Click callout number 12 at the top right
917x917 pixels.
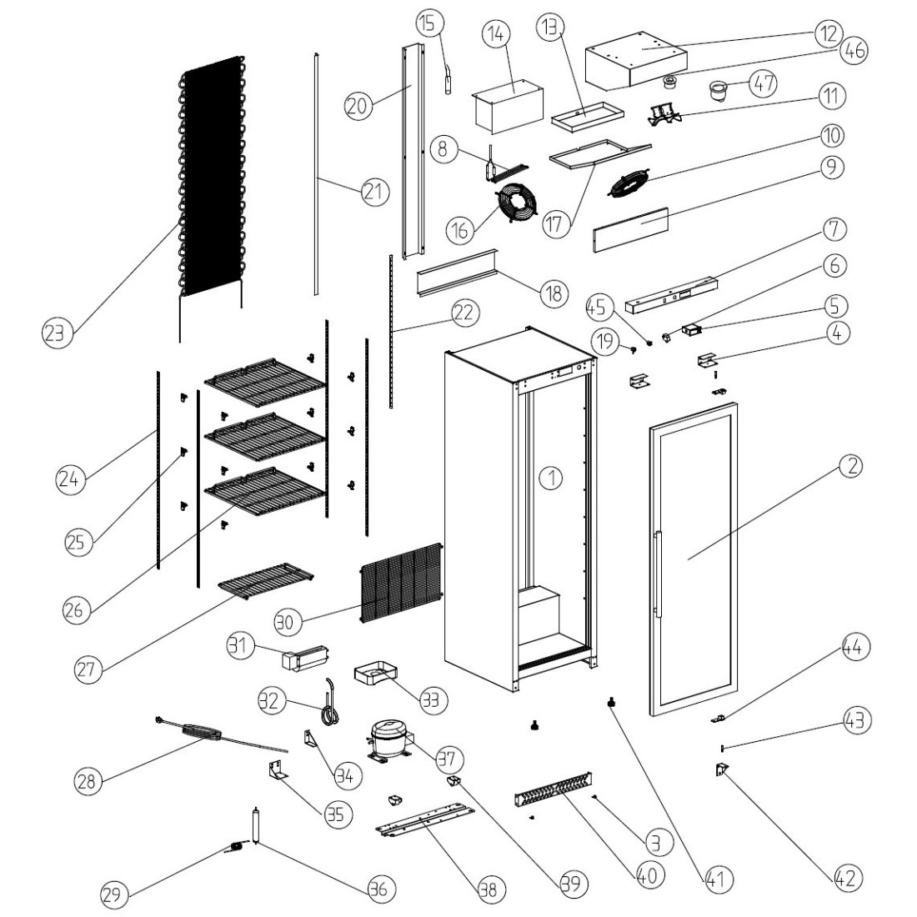tap(825, 37)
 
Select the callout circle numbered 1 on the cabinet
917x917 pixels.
tap(551, 478)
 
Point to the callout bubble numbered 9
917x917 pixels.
tap(830, 168)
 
